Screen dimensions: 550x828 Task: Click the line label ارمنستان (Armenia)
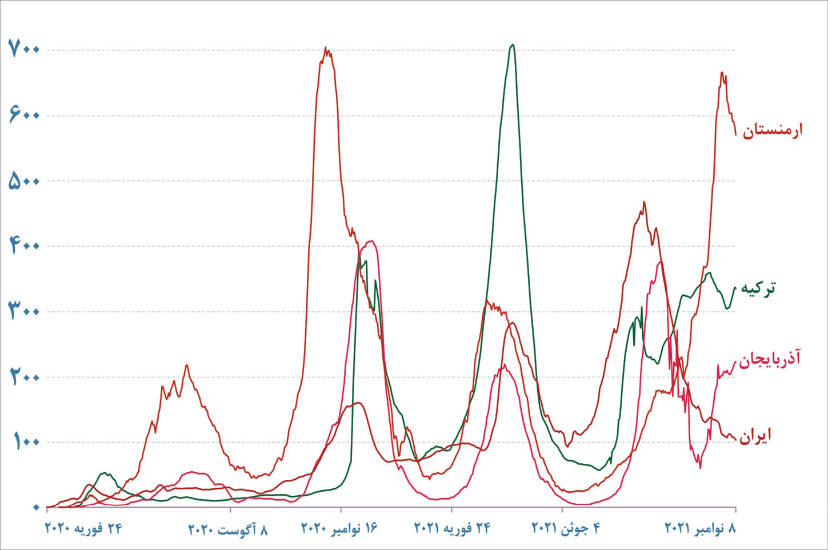pyautogui.click(x=773, y=130)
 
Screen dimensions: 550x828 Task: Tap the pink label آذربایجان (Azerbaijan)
pyautogui.click(x=770, y=359)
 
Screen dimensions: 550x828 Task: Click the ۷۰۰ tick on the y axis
pyautogui.click(x=23, y=50)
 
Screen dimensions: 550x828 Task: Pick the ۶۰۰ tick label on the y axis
pyautogui.click(x=23, y=115)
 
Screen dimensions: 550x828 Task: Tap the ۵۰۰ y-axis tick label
pyautogui.click(x=23, y=181)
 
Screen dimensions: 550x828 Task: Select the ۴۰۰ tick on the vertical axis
pyautogui.click(x=23, y=246)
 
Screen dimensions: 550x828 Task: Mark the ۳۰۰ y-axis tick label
pyautogui.click(x=23, y=311)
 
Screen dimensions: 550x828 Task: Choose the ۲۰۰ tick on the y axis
pyautogui.click(x=23, y=377)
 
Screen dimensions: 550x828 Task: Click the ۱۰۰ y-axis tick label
pyautogui.click(x=23, y=442)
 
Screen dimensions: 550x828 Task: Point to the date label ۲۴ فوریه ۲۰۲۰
pyautogui.click(x=83, y=528)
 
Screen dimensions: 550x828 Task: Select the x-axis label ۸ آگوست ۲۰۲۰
pyautogui.click(x=228, y=529)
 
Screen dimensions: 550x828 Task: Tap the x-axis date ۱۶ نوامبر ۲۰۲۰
pyautogui.click(x=340, y=528)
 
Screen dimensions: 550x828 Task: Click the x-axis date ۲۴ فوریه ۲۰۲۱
pyautogui.click(x=452, y=528)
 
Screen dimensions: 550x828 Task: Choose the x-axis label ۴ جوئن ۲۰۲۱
pyautogui.click(x=566, y=528)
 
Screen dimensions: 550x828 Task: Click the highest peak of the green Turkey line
pyautogui.click(x=513, y=45)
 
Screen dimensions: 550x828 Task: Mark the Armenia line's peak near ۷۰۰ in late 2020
pyautogui.click(x=326, y=48)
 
